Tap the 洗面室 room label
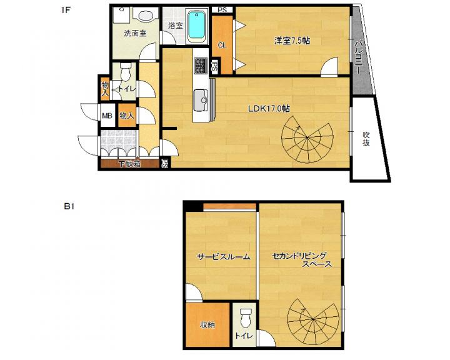coord(135,34)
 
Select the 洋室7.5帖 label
coord(292,41)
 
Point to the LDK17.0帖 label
coord(269,109)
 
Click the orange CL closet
coord(222,45)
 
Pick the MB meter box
coord(107,116)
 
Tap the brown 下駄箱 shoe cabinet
coord(130,164)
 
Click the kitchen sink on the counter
coord(201,100)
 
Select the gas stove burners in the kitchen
coord(201,65)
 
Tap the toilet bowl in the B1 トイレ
coord(245,318)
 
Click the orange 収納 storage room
coord(207,325)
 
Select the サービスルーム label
coord(224,257)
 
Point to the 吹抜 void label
coord(366,139)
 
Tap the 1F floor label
coord(66,11)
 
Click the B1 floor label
coord(69,206)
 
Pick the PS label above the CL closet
coord(222,10)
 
